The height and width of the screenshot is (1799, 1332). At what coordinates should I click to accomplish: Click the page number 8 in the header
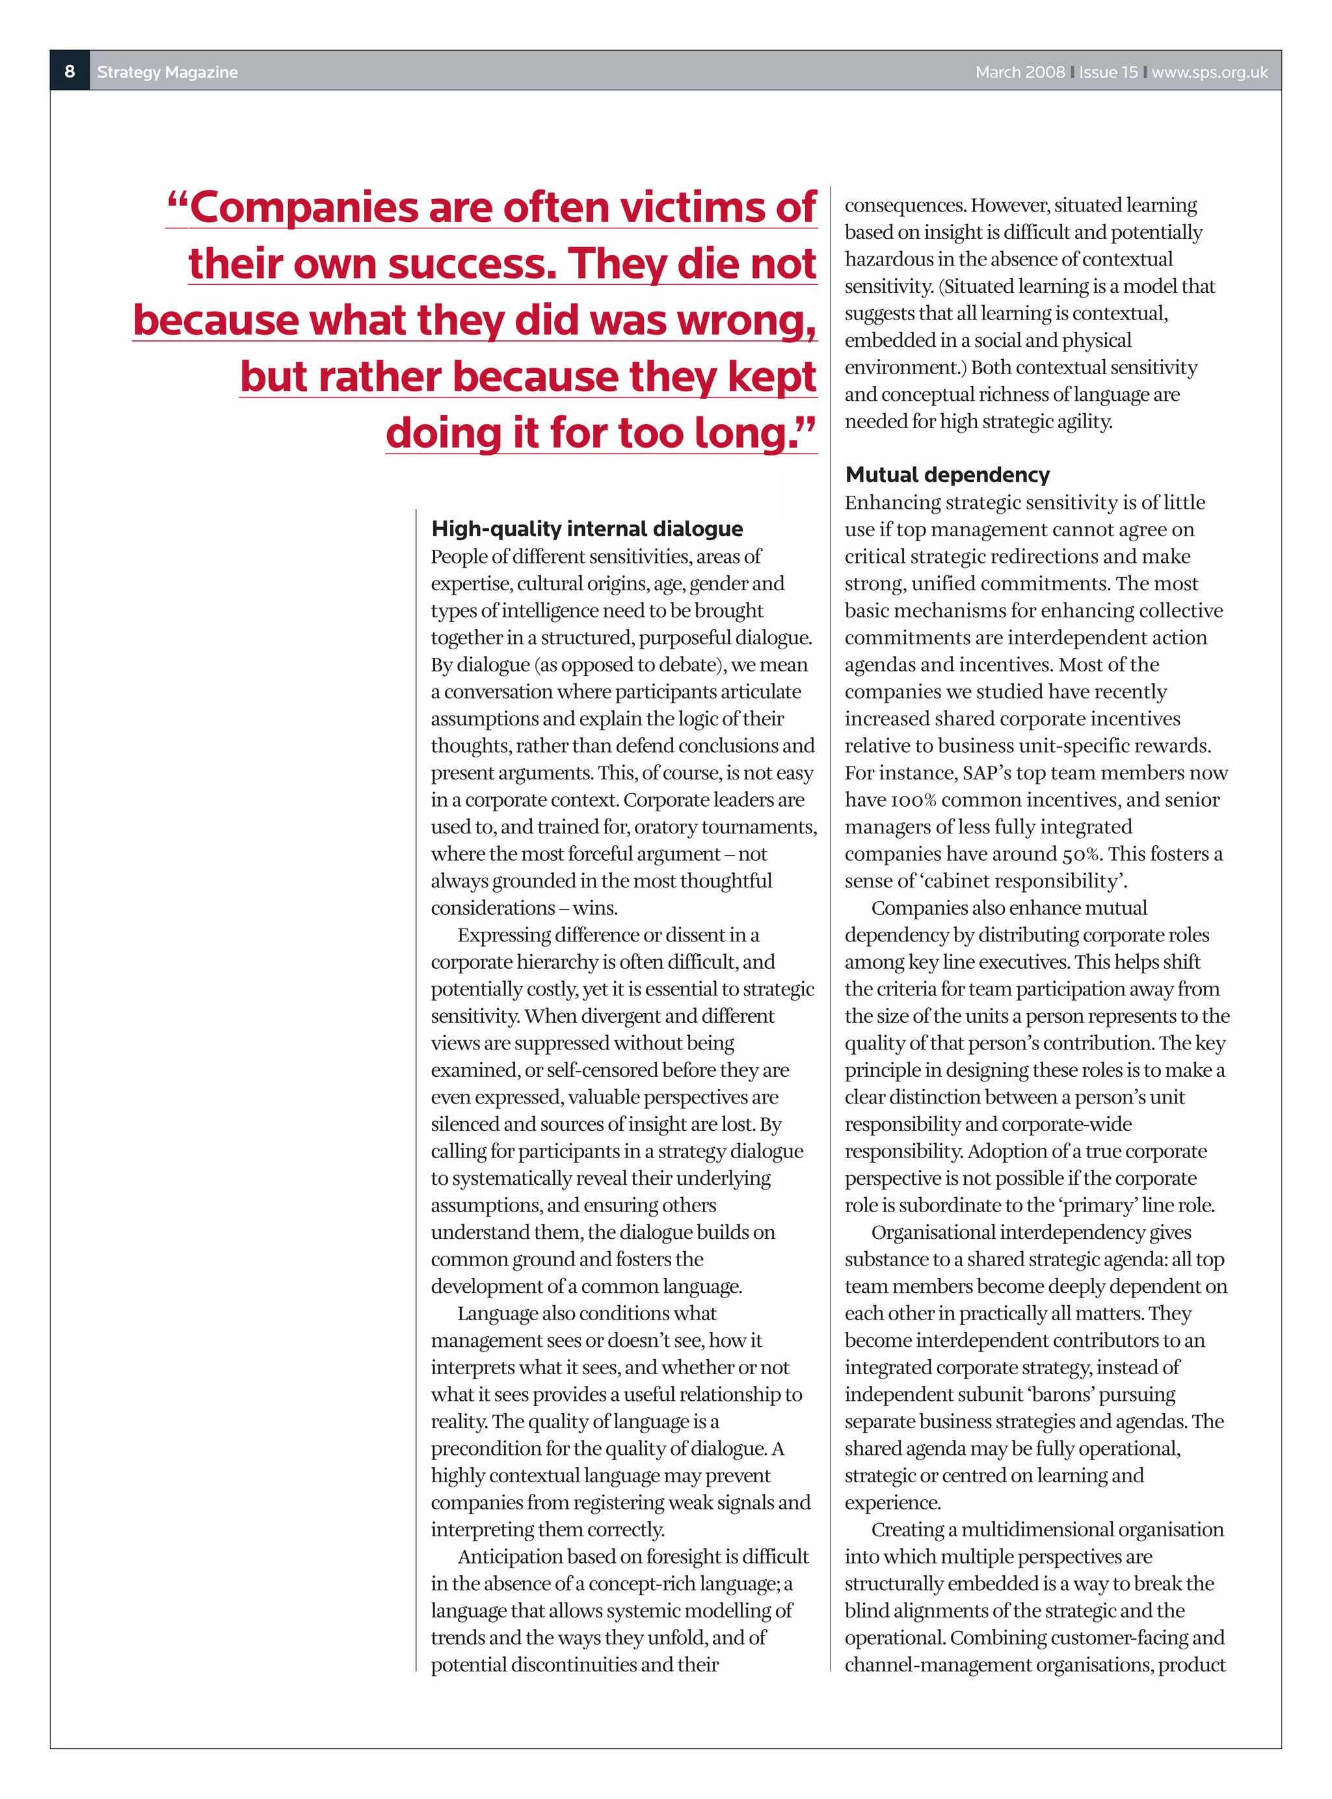[x=70, y=71]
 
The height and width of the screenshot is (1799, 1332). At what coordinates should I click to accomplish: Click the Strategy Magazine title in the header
[x=167, y=72]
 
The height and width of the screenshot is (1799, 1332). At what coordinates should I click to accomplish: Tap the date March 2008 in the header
[x=1019, y=72]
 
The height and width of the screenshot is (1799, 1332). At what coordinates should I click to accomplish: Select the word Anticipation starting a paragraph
[x=509, y=1556]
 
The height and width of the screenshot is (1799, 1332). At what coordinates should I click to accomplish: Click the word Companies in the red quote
[x=304, y=208]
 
